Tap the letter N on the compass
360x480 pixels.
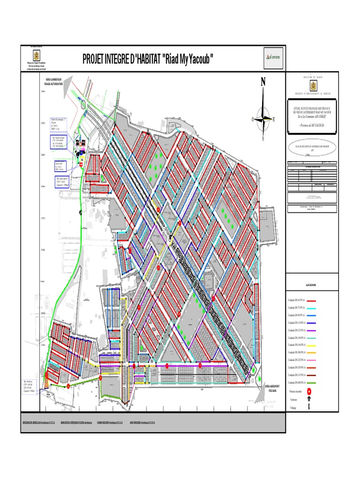[x=263, y=82]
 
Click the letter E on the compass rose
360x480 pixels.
[x=274, y=120]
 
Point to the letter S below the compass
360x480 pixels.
[x=263, y=139]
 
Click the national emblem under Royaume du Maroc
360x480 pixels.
[x=312, y=86]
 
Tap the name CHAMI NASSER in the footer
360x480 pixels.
[x=110, y=422]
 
